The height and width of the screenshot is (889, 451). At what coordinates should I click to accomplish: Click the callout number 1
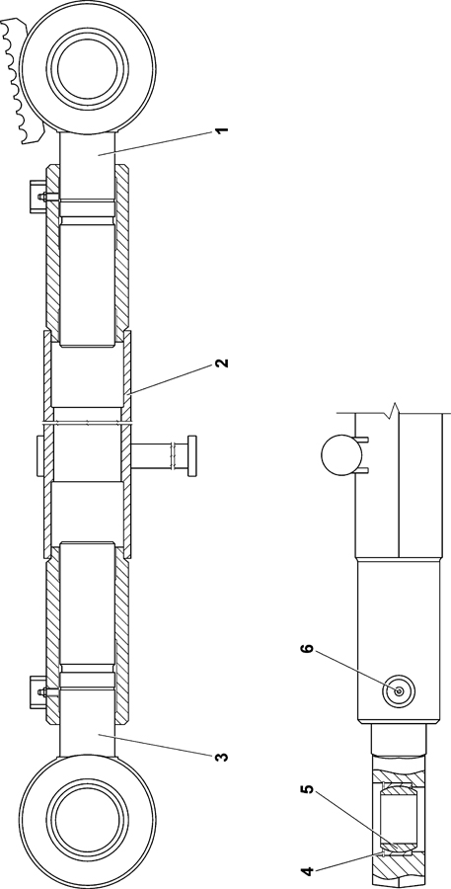point(222,129)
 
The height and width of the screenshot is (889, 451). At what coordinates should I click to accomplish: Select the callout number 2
point(222,363)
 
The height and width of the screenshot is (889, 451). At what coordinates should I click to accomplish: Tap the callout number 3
point(222,757)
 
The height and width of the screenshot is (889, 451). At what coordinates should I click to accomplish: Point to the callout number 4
point(309,869)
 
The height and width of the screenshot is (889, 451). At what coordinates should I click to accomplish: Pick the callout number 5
point(309,790)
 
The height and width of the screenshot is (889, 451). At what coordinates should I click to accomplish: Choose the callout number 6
point(309,649)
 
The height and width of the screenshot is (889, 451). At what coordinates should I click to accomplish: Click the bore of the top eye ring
point(88,68)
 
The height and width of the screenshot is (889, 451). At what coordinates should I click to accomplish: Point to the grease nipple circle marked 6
point(399,691)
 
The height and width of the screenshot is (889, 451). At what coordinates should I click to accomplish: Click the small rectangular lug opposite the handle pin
point(40,455)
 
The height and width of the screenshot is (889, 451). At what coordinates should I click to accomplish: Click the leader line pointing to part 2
point(171,379)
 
